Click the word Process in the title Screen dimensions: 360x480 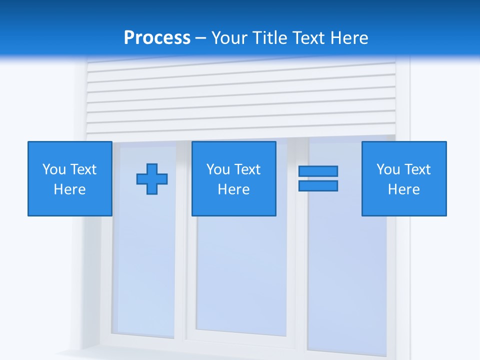(157, 38)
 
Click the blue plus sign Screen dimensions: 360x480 (152, 178)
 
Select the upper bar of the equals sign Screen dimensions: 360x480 (318, 171)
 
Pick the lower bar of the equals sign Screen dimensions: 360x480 (318, 185)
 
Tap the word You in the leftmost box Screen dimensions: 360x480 (54, 169)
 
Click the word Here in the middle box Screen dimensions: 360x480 (233, 189)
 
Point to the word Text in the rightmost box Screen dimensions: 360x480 (417, 169)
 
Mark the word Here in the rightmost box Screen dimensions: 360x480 (403, 189)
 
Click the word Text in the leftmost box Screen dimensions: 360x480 (83, 169)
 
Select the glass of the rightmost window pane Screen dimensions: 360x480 (347, 280)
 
